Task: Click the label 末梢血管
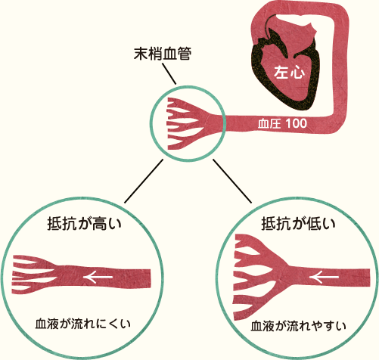coord(163,54)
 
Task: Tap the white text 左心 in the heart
coord(289,73)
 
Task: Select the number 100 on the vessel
coord(297,123)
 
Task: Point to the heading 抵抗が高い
coord(85,223)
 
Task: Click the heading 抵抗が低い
coord(298,223)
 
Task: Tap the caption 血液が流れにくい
coord(82,324)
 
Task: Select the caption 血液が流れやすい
coord(298,326)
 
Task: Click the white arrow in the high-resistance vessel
coord(98,277)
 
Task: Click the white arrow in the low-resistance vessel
coord(325,278)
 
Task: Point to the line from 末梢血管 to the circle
coord(169,73)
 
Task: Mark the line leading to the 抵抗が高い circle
coord(144,181)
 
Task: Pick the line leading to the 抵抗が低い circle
coord(232,181)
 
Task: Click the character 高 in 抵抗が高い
coord(99,223)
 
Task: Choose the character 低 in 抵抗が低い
coord(313,223)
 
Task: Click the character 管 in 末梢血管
coord(185,54)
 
